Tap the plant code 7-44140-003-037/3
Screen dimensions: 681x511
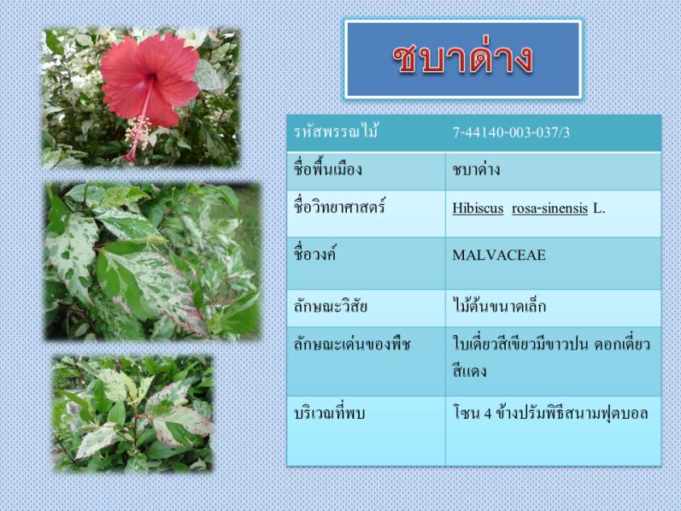tap(511, 132)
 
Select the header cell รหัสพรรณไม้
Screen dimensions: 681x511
tap(336, 131)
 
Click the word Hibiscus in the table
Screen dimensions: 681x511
tap(478, 209)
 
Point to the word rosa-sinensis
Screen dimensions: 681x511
tap(549, 209)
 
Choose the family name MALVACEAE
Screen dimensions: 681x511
tap(499, 255)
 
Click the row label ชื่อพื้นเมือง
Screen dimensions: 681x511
tap(328, 168)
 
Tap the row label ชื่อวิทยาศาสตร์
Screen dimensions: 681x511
tap(339, 207)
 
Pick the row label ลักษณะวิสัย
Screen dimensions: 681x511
tap(331, 306)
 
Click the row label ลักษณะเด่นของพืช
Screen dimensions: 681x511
tap(352, 344)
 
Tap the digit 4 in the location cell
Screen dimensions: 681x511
tap(488, 414)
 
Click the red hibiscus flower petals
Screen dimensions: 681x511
tap(150, 79)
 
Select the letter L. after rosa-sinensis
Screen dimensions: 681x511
tap(599, 209)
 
